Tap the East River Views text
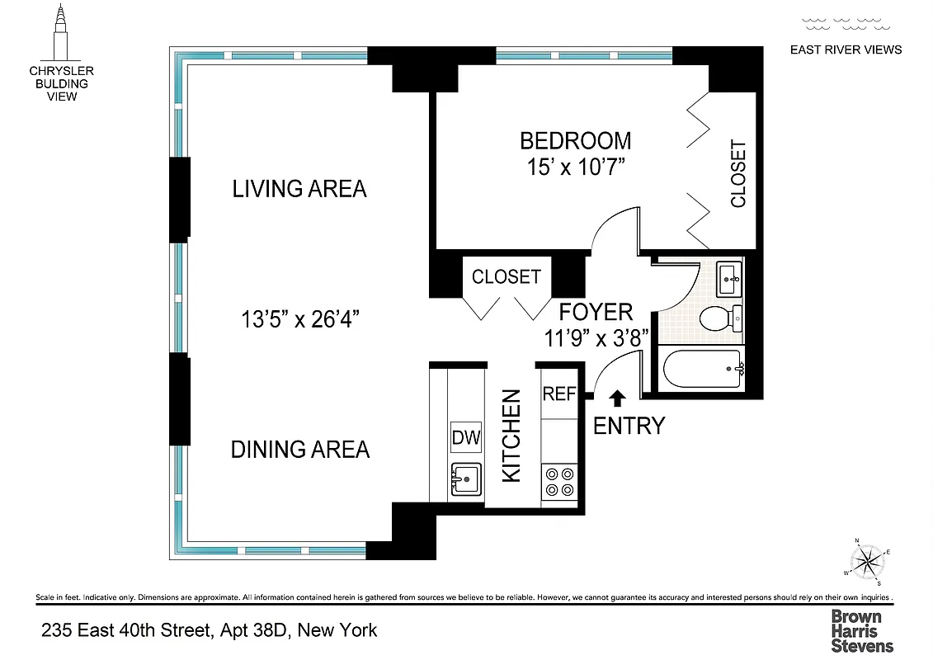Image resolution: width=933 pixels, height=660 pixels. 846,49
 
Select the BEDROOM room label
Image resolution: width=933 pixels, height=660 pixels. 575,140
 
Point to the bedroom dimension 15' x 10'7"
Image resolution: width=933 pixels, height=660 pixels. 575,167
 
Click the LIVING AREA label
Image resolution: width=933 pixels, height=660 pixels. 299,189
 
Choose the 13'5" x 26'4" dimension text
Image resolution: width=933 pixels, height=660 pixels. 299,319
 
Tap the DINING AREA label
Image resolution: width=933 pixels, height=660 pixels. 299,450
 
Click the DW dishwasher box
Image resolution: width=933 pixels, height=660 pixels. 466,438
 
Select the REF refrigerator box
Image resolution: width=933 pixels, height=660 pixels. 558,394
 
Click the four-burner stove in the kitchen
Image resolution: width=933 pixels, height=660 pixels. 559,483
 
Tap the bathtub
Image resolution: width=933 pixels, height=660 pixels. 702,369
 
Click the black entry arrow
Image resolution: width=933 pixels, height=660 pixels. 616,398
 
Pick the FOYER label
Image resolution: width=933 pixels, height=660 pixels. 596,312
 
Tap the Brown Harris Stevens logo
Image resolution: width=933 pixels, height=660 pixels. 861,631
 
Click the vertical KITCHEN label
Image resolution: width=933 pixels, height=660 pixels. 512,436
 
